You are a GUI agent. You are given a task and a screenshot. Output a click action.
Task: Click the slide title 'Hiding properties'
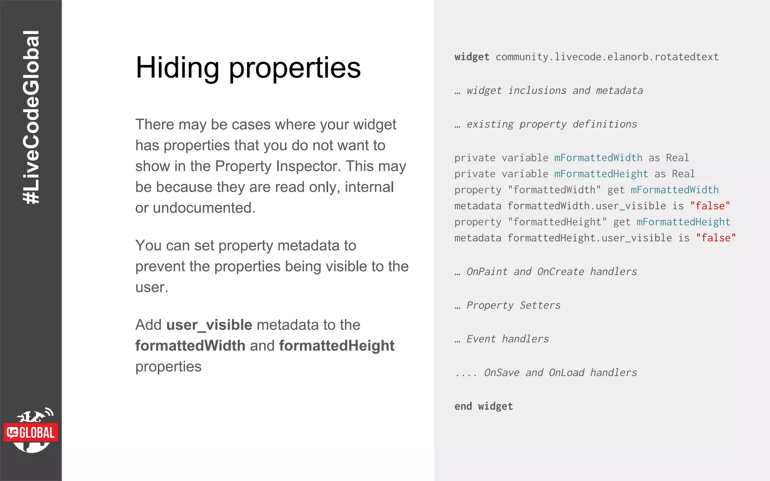(x=248, y=68)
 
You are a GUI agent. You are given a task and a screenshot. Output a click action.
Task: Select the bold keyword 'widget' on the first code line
(x=472, y=57)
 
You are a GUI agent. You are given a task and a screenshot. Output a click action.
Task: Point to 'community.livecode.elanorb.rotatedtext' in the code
(x=607, y=57)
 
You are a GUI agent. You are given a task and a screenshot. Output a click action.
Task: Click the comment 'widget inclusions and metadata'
(x=555, y=91)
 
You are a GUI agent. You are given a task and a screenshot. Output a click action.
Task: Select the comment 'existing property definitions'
(x=552, y=124)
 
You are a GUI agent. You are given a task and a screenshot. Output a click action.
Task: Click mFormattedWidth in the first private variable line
(x=598, y=158)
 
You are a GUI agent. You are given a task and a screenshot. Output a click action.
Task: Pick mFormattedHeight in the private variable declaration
(x=601, y=174)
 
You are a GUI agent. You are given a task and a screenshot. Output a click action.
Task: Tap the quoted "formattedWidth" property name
(x=554, y=190)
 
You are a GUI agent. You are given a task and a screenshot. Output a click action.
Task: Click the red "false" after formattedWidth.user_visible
(x=710, y=206)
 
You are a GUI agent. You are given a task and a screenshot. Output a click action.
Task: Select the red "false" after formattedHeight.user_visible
(x=716, y=238)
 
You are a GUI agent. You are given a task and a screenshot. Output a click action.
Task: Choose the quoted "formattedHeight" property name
(x=557, y=222)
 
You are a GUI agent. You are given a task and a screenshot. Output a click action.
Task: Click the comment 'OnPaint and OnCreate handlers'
(x=552, y=272)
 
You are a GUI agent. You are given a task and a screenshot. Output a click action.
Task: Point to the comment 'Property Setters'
(x=513, y=306)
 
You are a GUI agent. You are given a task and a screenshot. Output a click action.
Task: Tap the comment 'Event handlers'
(x=508, y=339)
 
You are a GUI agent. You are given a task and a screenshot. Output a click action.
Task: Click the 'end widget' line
(x=484, y=406)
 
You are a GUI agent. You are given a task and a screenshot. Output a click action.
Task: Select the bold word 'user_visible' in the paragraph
(x=209, y=325)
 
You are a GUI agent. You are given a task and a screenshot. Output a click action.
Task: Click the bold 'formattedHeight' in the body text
(x=336, y=346)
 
